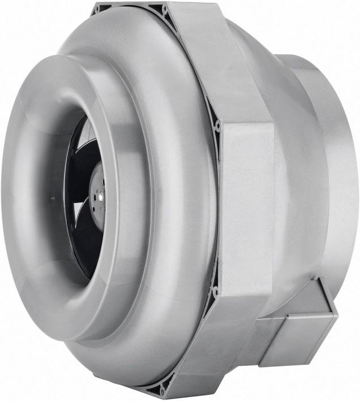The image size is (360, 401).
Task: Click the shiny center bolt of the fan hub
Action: [x=100, y=197]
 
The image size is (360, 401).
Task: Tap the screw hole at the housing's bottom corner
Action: [x=162, y=390]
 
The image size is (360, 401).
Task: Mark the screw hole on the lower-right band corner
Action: [x=215, y=292]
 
